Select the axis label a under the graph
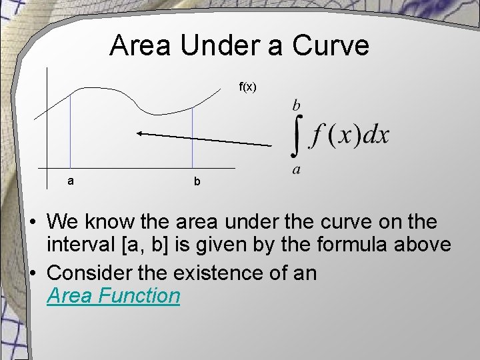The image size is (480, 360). coord(71,181)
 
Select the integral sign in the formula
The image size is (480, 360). coord(300,136)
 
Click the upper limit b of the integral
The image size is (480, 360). coord(296,105)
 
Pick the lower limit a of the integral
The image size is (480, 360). coord(296,170)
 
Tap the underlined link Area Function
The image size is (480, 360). coord(113,295)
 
